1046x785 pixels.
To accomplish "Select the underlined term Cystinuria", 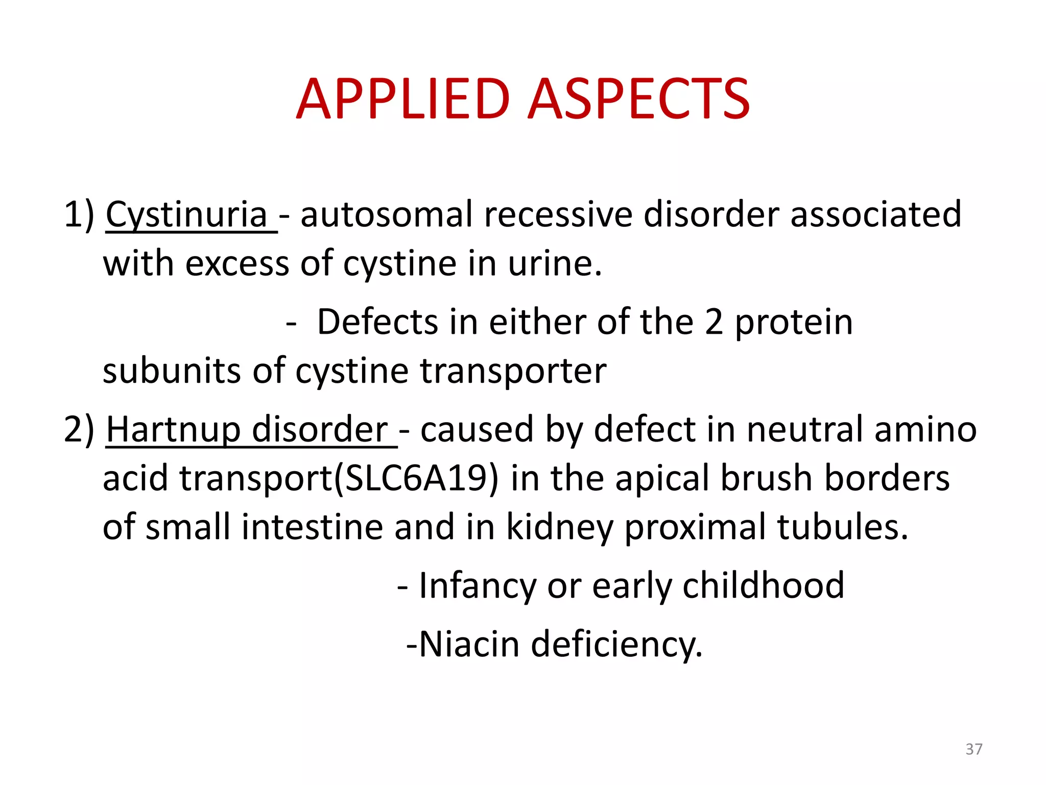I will (186, 215).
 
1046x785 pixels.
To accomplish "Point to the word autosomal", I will (386, 215).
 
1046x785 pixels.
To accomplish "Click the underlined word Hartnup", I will (173, 430).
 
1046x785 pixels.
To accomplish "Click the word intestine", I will (312, 527).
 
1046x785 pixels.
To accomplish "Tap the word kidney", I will (559, 528).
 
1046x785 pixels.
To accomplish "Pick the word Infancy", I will (477, 586).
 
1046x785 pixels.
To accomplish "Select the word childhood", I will (763, 585).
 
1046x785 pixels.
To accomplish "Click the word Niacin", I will (469, 644).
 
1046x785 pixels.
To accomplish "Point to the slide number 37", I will (973, 749).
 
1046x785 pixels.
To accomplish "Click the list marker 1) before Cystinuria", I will (79, 215).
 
